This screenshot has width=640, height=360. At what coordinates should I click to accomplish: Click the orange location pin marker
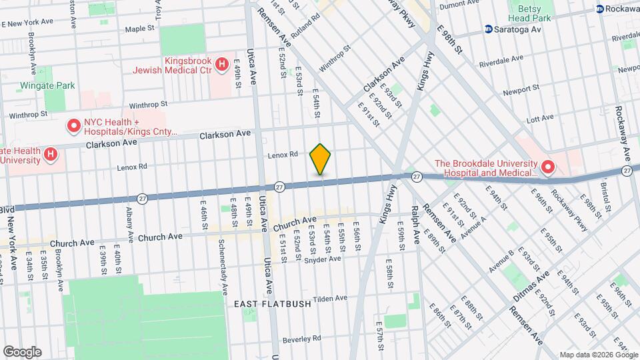tap(321, 159)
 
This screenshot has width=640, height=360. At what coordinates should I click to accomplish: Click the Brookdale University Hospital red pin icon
tap(548, 167)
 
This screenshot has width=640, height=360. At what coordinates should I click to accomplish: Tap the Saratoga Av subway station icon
tap(489, 29)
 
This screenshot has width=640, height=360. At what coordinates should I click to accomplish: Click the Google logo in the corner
tap(22, 351)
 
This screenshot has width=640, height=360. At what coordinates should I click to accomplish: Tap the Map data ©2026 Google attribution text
tap(597, 354)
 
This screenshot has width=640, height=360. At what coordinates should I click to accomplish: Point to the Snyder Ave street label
tap(323, 259)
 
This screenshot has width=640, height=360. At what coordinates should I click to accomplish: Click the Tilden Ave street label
tap(331, 299)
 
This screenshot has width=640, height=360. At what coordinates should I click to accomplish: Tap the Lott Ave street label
tap(540, 118)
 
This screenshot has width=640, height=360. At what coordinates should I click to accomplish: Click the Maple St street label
tap(140, 29)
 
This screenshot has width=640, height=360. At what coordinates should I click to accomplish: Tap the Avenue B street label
tap(502, 260)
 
